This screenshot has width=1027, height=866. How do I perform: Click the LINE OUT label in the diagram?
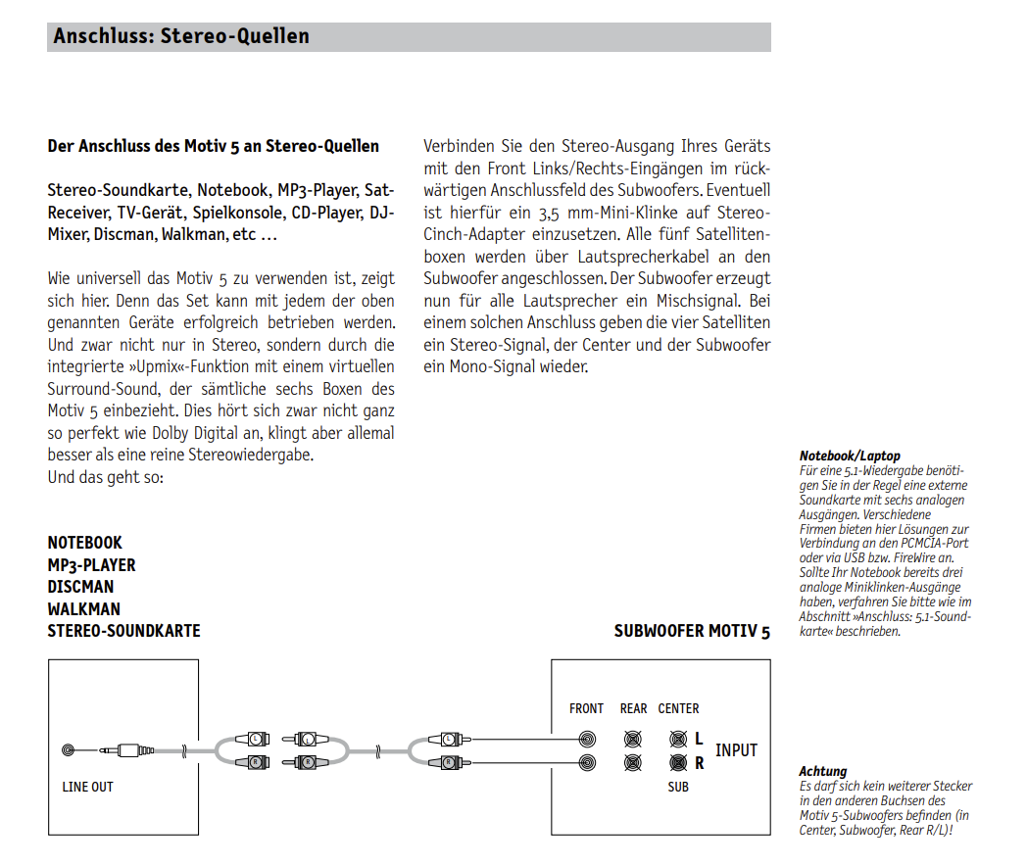pos(88,787)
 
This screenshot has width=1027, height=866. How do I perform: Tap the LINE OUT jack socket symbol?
pos(68,750)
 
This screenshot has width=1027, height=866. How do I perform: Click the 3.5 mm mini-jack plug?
pos(127,750)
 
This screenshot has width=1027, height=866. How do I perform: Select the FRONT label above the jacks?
pos(586,708)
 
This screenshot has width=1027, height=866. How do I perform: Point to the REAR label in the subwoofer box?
pos(633,708)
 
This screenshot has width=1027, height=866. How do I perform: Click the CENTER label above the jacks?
pos(678,708)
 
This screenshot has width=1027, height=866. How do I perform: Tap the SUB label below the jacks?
pos(678,787)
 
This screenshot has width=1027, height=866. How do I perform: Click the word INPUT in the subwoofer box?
pos(736,750)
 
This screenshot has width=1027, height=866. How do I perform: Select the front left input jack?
pos(587,740)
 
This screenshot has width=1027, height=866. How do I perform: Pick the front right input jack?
pos(587,762)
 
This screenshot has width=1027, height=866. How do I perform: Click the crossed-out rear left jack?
pos(633,740)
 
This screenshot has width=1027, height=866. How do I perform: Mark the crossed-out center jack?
pos(677,740)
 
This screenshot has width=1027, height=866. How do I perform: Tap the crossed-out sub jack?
pos(677,762)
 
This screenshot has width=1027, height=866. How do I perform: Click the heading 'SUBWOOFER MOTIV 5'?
pos(692,631)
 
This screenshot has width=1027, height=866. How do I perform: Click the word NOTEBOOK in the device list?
pos(85,543)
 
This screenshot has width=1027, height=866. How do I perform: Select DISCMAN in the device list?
pos(80,587)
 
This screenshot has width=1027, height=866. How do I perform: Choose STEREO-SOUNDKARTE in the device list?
pos(123,631)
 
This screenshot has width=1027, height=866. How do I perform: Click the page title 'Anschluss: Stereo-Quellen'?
pos(181,37)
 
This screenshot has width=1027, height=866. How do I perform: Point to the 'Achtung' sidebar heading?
pos(822,772)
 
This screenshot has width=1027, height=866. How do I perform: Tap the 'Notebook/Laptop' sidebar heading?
pos(850,456)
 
